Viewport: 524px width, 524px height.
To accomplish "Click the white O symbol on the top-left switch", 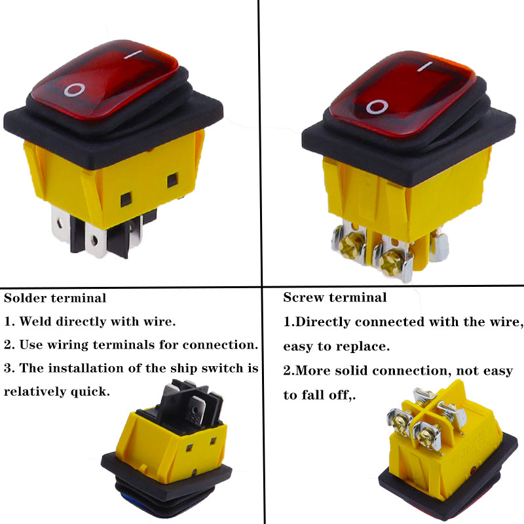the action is tap(75, 90).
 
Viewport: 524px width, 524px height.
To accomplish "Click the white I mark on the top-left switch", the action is tap(133, 54).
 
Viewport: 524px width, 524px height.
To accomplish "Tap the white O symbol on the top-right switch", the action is tap(377, 107).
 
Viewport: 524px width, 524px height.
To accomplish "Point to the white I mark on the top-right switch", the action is tap(425, 66).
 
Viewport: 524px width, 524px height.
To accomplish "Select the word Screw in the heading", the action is tap(303, 297).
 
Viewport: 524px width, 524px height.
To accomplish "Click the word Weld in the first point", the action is tap(35, 322).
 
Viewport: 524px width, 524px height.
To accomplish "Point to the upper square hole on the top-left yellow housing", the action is tap(172, 181).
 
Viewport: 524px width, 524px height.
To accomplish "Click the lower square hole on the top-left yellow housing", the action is tap(126, 200).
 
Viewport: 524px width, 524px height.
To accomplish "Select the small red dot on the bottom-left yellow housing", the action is tap(194, 472).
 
